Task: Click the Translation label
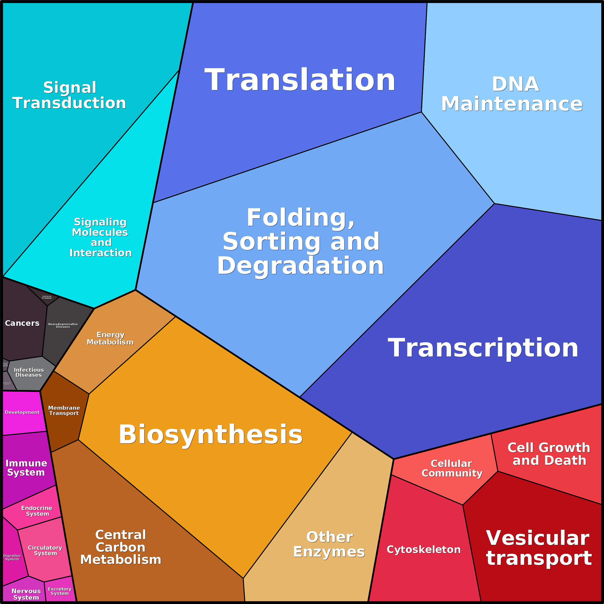click(300, 80)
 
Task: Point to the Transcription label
click(483, 348)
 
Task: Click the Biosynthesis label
click(211, 434)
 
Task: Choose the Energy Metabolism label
click(110, 338)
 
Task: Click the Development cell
click(22, 412)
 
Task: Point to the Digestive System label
click(12, 557)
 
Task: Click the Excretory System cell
click(60, 591)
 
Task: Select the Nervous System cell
click(26, 594)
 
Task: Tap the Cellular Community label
click(452, 468)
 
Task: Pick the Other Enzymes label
click(329, 544)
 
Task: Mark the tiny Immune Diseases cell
click(47, 297)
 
